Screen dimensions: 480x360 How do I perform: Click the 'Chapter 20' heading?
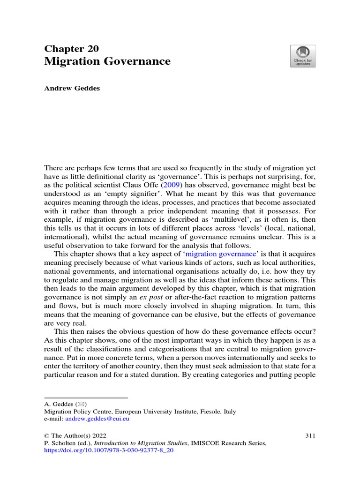[71, 49]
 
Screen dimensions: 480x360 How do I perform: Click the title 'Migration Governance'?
[107, 61]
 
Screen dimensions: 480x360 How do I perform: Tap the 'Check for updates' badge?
[302, 56]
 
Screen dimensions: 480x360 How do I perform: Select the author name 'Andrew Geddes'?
[72, 89]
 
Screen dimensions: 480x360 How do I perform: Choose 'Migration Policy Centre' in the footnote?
[75, 412]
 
